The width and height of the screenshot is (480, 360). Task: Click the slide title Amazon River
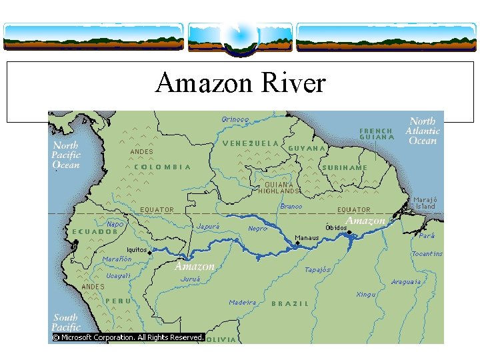click(x=240, y=84)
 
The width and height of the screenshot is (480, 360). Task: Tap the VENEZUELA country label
click(x=251, y=143)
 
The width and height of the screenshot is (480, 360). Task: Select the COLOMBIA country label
click(x=163, y=167)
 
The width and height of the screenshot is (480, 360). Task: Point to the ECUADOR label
click(x=95, y=232)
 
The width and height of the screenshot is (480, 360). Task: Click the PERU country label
click(x=117, y=301)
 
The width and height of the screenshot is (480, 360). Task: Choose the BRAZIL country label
click(x=290, y=303)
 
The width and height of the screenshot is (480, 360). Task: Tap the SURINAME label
click(x=344, y=167)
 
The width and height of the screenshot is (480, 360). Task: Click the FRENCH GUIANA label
click(x=376, y=134)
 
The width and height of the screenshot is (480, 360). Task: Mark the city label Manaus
click(x=307, y=238)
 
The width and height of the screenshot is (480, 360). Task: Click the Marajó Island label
click(x=424, y=203)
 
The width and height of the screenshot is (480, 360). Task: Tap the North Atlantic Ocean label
click(x=423, y=131)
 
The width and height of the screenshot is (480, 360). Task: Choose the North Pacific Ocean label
click(x=66, y=155)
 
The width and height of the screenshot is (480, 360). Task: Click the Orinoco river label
click(x=235, y=120)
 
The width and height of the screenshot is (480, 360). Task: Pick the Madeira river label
click(x=242, y=303)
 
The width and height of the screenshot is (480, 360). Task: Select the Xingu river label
click(x=366, y=294)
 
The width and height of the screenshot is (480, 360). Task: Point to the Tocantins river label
click(x=427, y=254)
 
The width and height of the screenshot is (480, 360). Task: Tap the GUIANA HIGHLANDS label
click(x=279, y=187)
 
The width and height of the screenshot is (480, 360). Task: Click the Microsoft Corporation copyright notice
click(x=127, y=337)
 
